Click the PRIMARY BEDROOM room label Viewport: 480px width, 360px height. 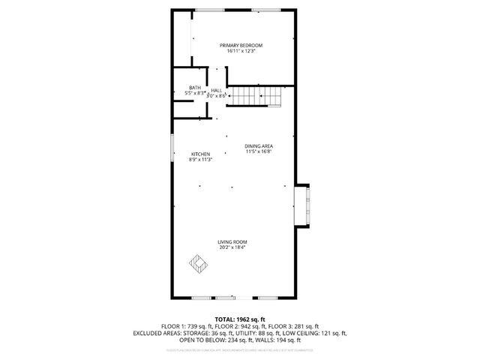coord(241,46)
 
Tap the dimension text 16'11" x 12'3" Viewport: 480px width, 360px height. coord(241,52)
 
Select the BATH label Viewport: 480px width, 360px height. coord(195,87)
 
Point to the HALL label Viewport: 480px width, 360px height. coord(216,90)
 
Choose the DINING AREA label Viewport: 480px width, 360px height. coord(258,145)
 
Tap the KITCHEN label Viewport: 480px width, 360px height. coord(199,154)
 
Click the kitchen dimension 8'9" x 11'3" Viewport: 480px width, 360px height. coord(199,160)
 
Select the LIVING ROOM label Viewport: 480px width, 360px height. coord(232,241)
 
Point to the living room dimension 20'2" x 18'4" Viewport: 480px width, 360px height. coord(232,247)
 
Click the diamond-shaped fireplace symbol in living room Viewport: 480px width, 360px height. coord(197,263)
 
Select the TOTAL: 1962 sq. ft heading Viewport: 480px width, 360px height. coord(240,319)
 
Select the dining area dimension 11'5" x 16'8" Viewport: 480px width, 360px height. coord(258,151)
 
